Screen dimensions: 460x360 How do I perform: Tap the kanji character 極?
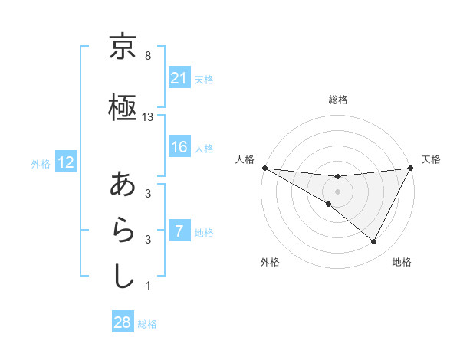[123, 109]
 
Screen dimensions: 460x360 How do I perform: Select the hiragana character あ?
[123, 185]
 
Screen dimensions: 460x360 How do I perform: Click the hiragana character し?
[123, 276]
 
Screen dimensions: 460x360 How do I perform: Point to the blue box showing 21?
[179, 78]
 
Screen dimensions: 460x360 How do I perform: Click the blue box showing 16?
[179, 148]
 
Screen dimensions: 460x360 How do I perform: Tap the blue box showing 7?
[179, 231]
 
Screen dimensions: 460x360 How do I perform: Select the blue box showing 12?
[65, 162]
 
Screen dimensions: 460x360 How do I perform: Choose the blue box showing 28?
[122, 322]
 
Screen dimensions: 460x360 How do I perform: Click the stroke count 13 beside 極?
[148, 117]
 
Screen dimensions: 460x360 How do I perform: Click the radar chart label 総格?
[337, 100]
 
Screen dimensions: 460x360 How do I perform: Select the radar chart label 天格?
[431, 159]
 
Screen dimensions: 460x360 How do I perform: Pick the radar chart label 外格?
[270, 262]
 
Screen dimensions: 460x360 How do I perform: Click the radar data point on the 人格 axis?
[264, 168]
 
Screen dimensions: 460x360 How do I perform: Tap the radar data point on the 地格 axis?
[374, 242]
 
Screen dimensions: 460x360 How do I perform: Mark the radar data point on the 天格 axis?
[410, 168]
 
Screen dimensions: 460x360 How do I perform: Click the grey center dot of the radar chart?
[337, 191]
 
